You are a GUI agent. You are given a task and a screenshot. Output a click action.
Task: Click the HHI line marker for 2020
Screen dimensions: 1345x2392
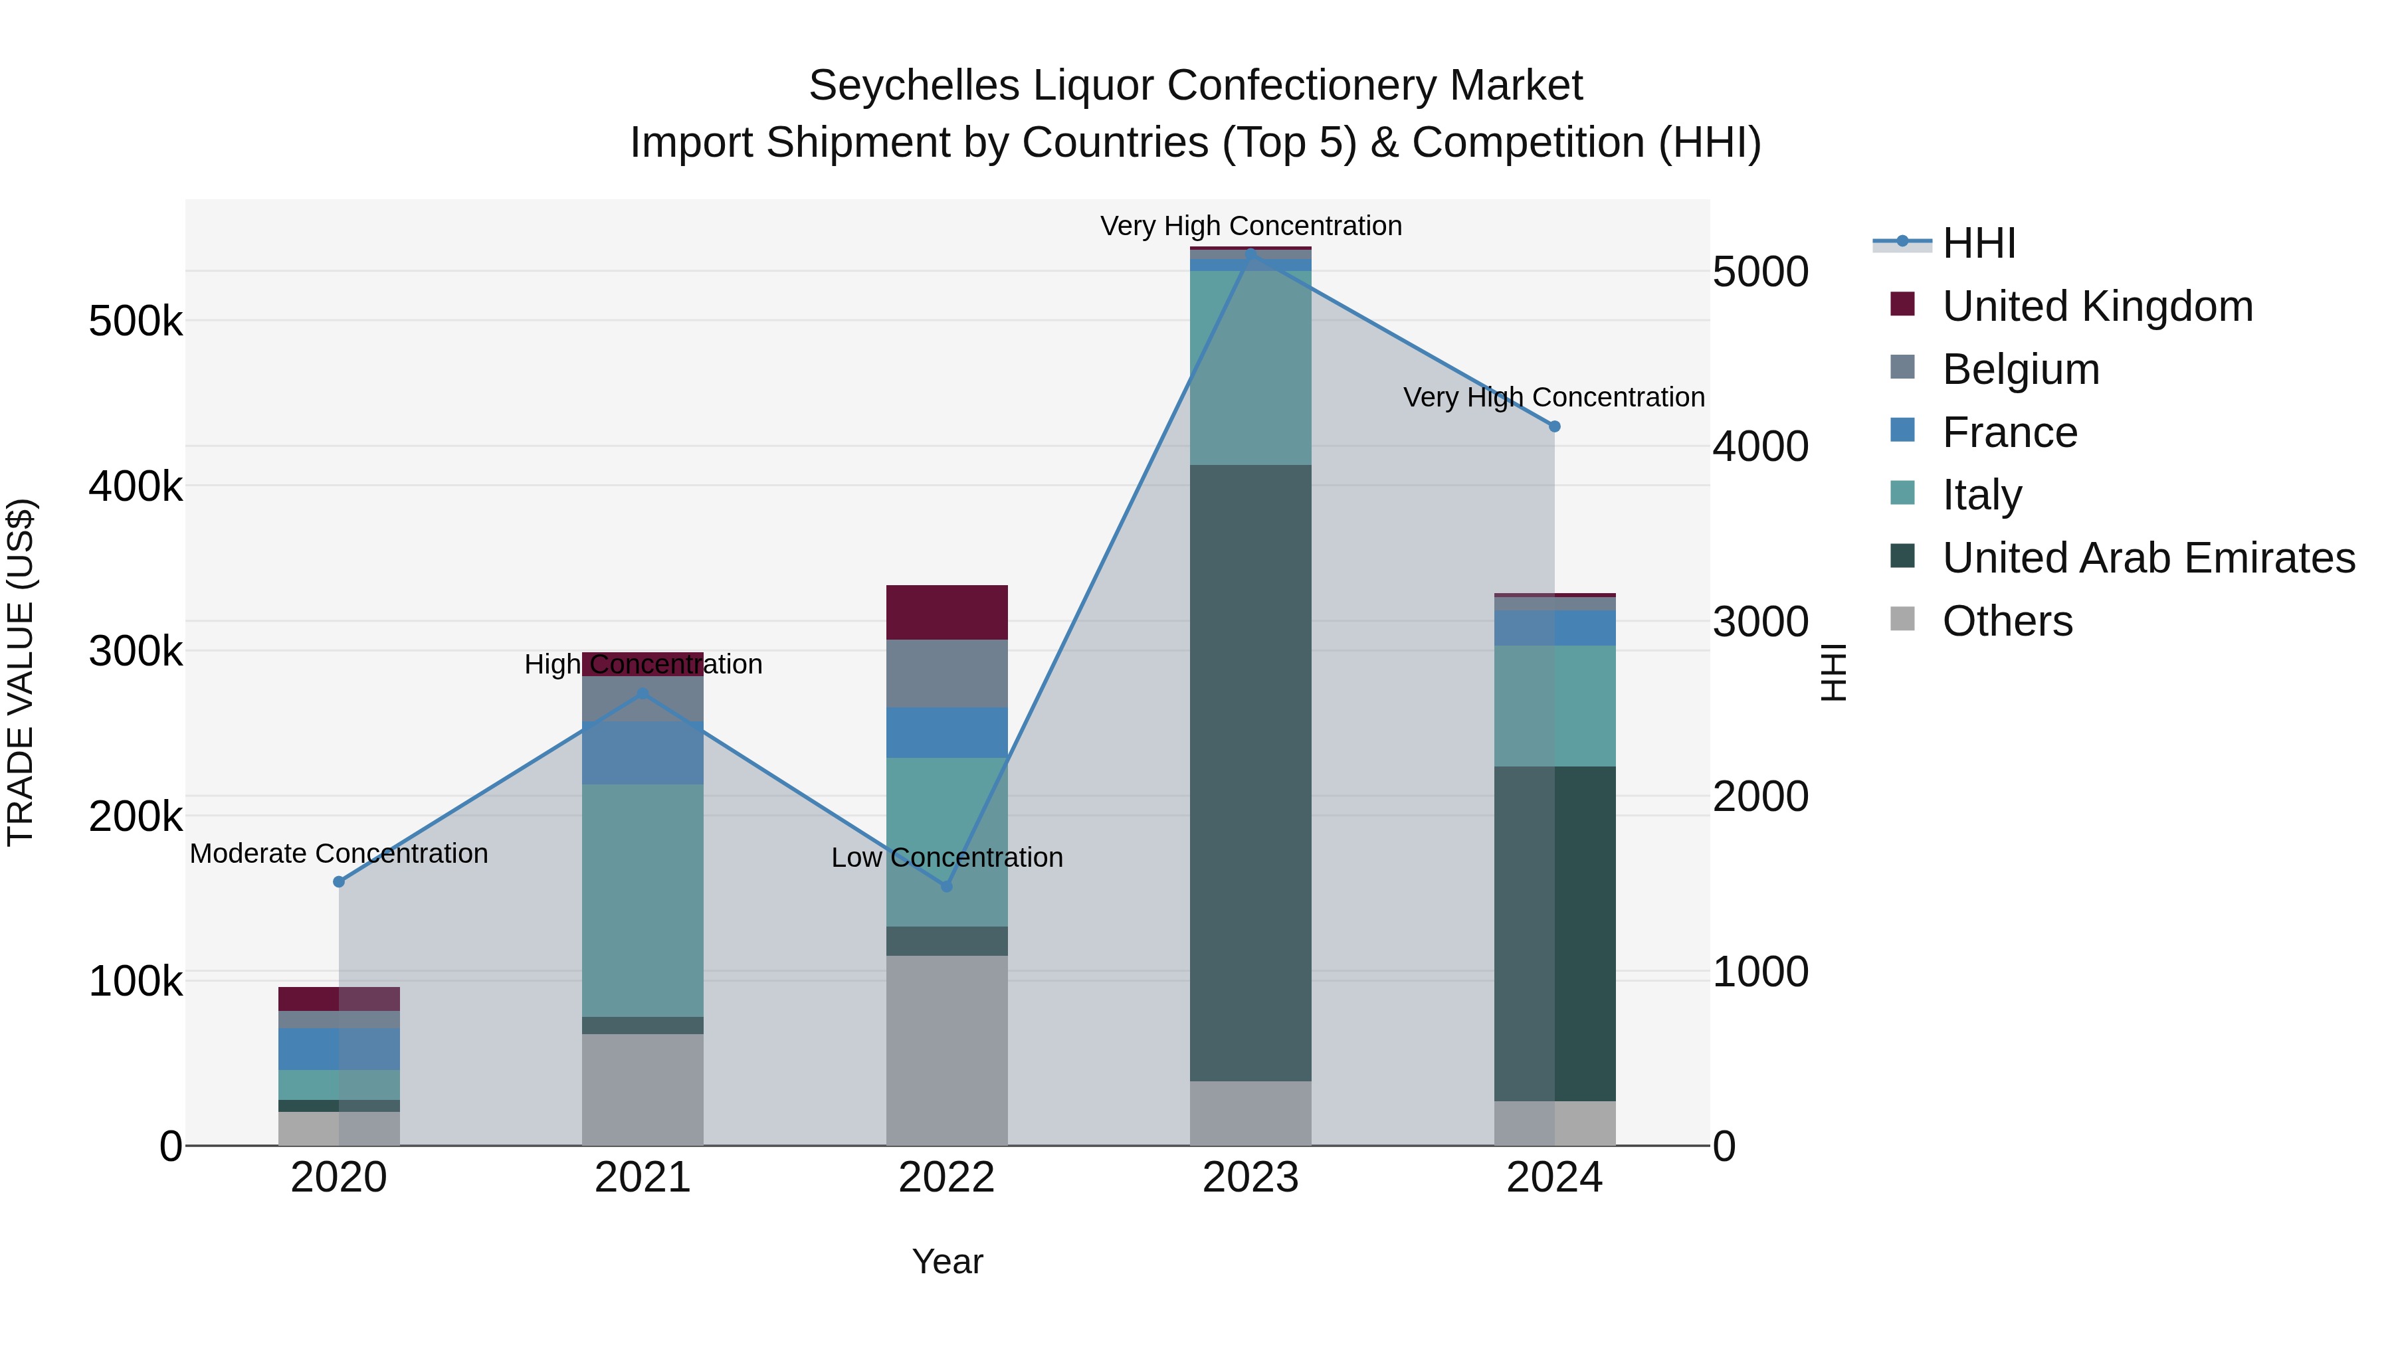[339, 882]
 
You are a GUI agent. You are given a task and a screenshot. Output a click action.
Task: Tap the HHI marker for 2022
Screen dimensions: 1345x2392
[946, 887]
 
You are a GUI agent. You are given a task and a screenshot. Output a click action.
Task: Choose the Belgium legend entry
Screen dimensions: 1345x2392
[2020, 369]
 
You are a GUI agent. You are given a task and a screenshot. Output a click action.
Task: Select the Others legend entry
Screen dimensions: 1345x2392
[2007, 621]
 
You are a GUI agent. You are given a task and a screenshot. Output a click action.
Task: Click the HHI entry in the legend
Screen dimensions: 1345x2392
[1978, 243]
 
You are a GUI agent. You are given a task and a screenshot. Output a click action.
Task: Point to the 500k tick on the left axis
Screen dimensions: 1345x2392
[136, 322]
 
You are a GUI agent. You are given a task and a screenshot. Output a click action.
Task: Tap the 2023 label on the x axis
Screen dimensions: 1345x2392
[1250, 1178]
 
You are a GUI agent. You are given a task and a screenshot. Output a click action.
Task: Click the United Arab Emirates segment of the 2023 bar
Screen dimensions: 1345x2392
[1250, 770]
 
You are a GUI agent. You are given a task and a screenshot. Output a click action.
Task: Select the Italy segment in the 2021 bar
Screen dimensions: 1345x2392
[643, 901]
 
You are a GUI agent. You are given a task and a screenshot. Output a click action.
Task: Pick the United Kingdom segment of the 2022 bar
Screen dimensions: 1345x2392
[946, 612]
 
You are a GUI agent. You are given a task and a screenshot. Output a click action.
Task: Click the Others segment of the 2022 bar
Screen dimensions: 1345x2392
[946, 1049]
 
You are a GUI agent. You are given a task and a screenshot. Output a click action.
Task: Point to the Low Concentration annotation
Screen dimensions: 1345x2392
[946, 857]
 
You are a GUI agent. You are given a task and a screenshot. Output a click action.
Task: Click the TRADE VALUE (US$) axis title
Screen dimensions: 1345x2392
[21, 672]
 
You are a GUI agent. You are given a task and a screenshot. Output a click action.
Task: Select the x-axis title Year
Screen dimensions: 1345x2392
[946, 1261]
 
